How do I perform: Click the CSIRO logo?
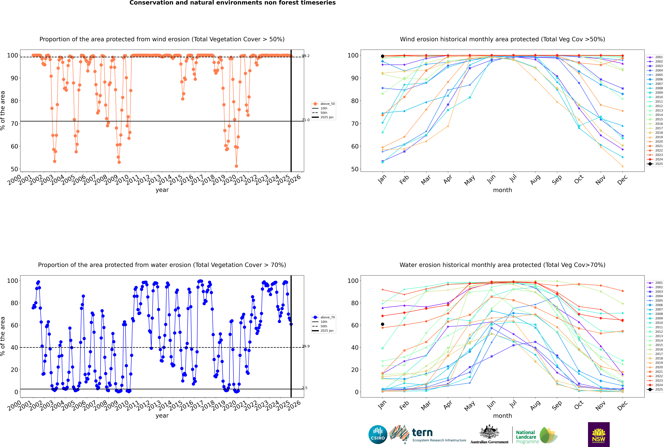(x=378, y=434)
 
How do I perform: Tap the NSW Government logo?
(x=599, y=434)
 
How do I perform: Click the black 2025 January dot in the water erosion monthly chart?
(x=383, y=324)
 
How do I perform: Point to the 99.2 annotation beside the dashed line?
(x=306, y=56)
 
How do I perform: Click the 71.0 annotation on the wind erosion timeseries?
(x=306, y=120)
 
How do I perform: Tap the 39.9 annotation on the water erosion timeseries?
(x=306, y=346)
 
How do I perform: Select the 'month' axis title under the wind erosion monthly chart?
(x=502, y=190)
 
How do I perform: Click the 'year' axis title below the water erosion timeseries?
(x=162, y=416)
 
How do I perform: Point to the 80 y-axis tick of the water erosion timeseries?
(x=14, y=303)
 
